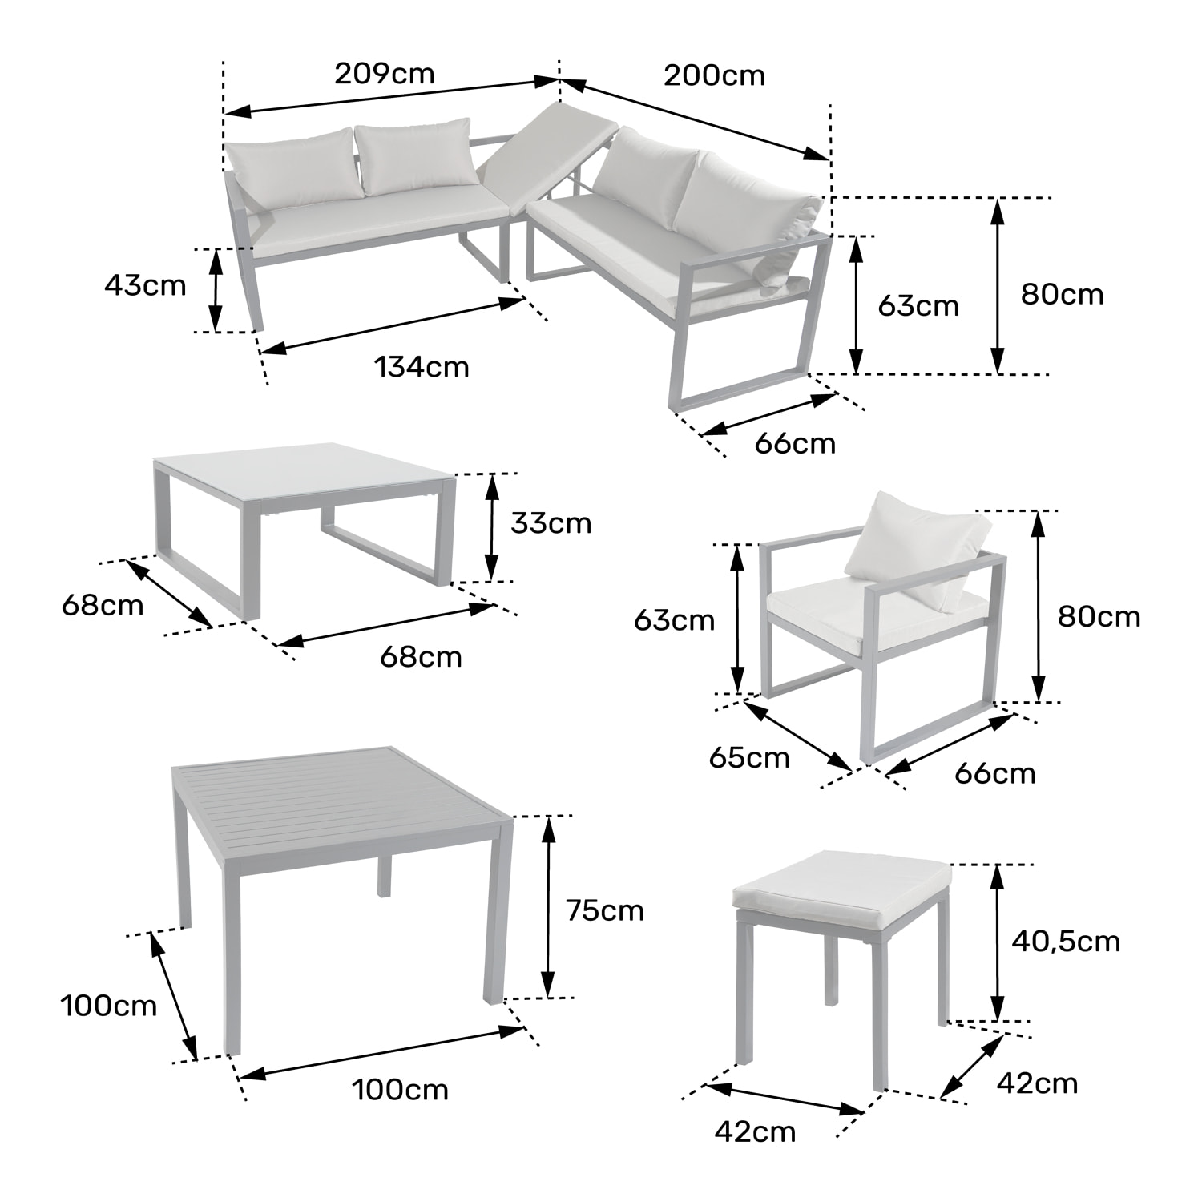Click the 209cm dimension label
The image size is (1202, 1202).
click(x=384, y=74)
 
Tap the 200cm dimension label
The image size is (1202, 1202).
click(x=714, y=75)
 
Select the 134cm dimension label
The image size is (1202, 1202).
click(x=422, y=367)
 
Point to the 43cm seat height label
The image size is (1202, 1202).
click(x=145, y=285)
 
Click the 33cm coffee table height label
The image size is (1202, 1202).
click(x=551, y=523)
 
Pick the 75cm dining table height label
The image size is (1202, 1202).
click(x=604, y=910)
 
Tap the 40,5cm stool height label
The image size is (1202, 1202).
click(x=1065, y=941)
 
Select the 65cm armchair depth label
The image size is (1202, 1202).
click(x=749, y=757)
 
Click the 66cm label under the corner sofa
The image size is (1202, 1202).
click(x=795, y=443)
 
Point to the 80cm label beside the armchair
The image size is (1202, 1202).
click(x=1099, y=616)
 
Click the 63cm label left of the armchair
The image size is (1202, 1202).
click(x=674, y=619)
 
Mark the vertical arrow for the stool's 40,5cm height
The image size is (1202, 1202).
click(x=997, y=942)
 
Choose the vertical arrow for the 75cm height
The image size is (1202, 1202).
click(x=548, y=906)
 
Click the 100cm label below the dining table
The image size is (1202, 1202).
click(x=400, y=1090)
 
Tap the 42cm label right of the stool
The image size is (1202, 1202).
click(x=1037, y=1083)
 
